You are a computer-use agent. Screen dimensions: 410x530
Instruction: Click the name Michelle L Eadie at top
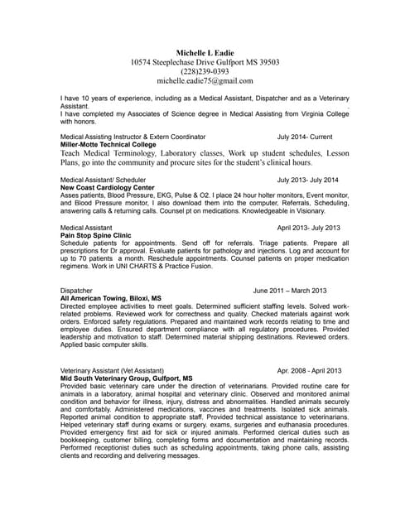(x=205, y=51)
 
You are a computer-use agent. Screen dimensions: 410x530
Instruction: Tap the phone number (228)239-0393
(x=205, y=71)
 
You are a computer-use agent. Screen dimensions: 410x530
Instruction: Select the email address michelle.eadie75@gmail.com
(x=205, y=81)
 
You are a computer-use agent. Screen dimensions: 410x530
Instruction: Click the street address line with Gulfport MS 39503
(x=205, y=61)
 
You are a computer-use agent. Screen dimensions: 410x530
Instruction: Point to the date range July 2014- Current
(x=305, y=136)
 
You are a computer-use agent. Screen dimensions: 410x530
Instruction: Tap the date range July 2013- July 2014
(x=308, y=180)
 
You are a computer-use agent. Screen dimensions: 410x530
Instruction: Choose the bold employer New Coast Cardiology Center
(x=108, y=188)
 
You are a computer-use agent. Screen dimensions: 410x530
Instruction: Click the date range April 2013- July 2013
(x=308, y=227)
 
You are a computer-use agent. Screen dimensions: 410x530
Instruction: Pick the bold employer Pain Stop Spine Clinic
(x=96, y=235)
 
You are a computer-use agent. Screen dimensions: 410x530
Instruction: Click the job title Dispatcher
(x=78, y=291)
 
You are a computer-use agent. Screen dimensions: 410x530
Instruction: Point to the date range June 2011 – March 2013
(x=290, y=291)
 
